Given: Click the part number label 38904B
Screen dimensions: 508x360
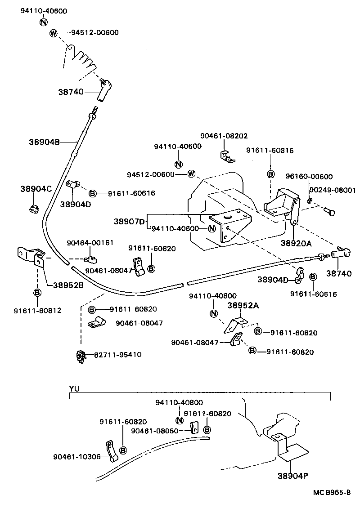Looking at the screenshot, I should click(x=44, y=142).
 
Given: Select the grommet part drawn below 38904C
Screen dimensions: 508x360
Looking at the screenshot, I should click(x=33, y=208).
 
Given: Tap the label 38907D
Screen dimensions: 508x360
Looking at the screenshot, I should click(x=129, y=221).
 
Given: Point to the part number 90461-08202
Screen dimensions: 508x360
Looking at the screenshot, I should click(x=224, y=136).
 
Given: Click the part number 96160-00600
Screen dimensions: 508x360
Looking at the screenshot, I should click(x=310, y=177).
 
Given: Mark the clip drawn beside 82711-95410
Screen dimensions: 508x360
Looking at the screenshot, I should click(x=81, y=356).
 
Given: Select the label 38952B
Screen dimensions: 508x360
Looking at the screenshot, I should click(x=68, y=285).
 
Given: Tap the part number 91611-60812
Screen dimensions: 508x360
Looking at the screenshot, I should click(x=37, y=310).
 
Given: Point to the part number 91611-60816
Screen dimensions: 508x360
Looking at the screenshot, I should click(x=270, y=151).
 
